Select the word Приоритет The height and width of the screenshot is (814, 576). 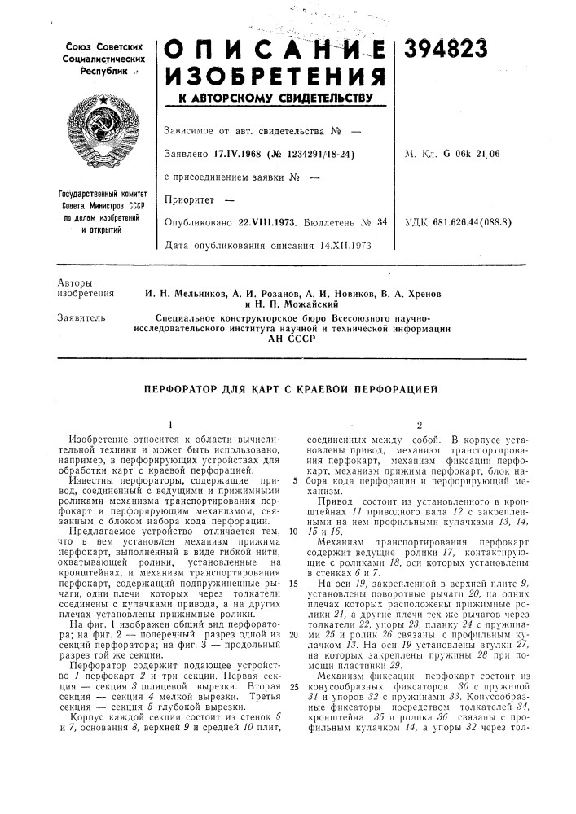tap(189, 198)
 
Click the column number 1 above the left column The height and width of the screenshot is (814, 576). tap(170, 424)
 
